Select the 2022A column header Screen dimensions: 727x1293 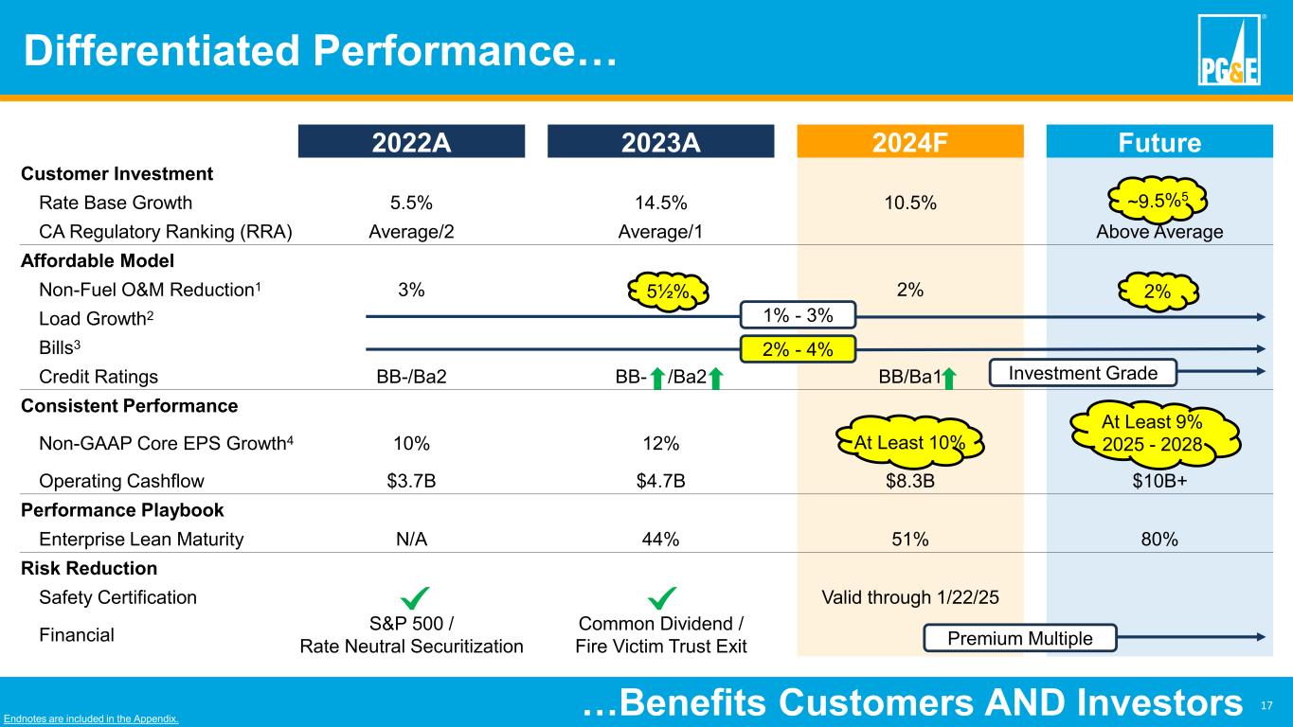(x=411, y=142)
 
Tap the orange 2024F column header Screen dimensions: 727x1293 (x=909, y=142)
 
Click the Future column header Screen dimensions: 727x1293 (x=1158, y=142)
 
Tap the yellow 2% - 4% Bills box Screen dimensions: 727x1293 (x=798, y=348)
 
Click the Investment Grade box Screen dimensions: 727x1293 (x=1082, y=373)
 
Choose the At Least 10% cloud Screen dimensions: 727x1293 (x=909, y=441)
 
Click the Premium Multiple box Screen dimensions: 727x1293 (x=1020, y=639)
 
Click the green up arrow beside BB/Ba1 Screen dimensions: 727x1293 (x=950, y=377)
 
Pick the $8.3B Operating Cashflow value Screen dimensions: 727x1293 (x=909, y=480)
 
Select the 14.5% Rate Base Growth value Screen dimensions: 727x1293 (x=660, y=203)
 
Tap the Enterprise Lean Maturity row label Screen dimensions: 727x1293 (x=141, y=540)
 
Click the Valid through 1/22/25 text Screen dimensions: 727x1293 (x=909, y=597)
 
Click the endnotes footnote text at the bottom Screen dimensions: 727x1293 (x=90, y=719)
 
